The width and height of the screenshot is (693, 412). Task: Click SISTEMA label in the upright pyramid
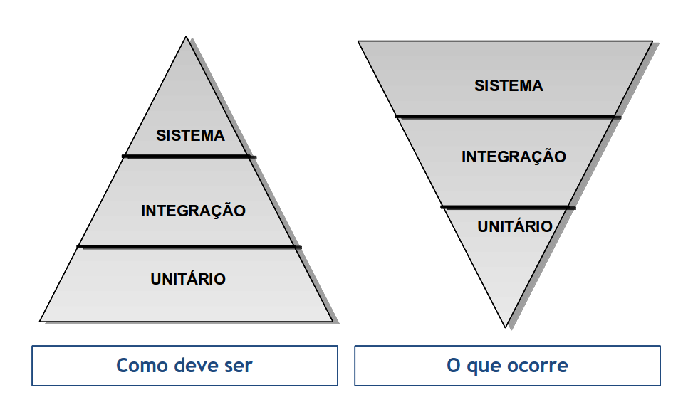pos(190,135)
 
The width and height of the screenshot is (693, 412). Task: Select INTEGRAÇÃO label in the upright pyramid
pos(193,211)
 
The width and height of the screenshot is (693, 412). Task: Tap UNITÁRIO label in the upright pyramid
pos(188,279)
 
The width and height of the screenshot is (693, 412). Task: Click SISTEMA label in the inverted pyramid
pos(509,86)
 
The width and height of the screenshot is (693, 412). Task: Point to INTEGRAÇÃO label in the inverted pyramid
pos(514,157)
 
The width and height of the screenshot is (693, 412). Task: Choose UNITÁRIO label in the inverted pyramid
pos(515,227)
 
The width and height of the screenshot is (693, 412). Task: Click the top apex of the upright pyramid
pos(187,38)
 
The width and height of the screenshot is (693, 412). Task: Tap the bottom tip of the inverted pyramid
pos(508,327)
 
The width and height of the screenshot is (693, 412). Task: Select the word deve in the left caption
pos(195,366)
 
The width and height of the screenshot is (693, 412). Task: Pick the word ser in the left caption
pos(238,366)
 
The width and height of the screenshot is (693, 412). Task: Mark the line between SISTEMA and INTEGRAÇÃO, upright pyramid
pos(189,156)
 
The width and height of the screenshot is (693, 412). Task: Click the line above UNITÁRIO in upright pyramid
pos(189,246)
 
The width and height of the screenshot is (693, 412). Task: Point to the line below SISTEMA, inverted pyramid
pos(508,116)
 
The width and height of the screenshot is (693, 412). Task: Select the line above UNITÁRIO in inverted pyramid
pos(507,207)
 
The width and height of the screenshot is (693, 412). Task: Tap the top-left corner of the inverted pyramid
pos(360,42)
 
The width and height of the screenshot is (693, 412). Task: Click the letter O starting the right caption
pos(454,366)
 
